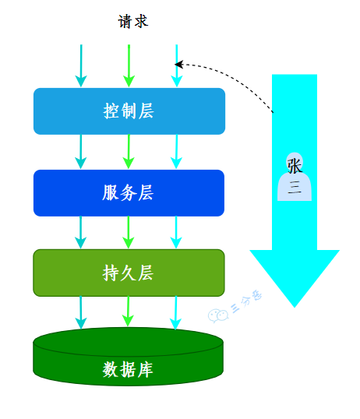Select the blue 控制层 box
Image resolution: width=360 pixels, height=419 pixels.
point(129,111)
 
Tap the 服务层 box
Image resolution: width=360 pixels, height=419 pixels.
point(129,193)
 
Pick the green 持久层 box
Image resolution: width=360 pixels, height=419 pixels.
point(129,273)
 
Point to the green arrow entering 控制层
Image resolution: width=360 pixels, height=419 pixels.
point(129,66)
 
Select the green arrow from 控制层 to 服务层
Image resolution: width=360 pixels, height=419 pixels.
point(129,151)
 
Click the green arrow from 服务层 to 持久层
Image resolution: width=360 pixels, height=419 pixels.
point(129,232)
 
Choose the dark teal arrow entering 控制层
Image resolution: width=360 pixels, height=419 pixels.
point(80,66)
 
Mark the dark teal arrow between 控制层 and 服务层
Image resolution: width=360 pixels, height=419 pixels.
point(80,151)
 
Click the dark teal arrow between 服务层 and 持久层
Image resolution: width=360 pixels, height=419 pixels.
point(80,232)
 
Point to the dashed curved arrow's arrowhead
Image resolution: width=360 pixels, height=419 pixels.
point(179,65)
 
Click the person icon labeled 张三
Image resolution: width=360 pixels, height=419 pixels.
point(295,177)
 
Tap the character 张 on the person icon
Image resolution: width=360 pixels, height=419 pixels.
point(295,165)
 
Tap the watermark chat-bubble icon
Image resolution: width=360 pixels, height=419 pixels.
point(215,315)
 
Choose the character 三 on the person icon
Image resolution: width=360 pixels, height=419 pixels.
point(295,187)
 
